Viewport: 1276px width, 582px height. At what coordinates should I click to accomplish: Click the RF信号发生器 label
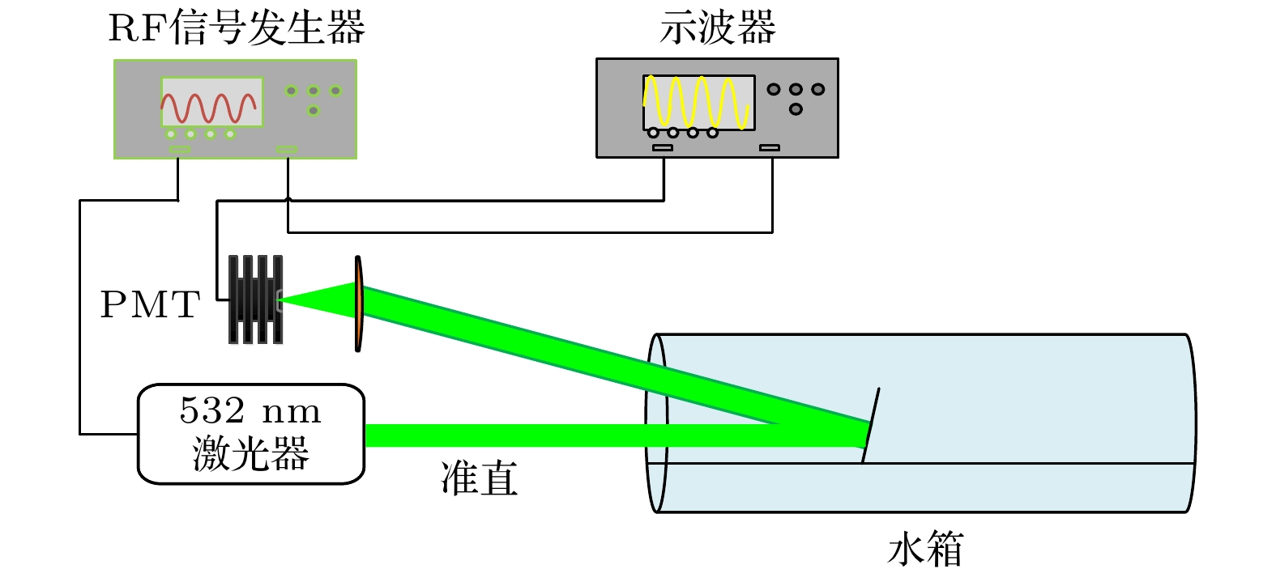(x=237, y=28)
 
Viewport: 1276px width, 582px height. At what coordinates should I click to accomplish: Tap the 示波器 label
(x=718, y=28)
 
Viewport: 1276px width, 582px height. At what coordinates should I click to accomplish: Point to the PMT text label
(x=150, y=305)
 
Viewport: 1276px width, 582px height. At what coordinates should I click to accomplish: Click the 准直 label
(x=479, y=478)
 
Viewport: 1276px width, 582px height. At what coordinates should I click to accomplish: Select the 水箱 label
(x=924, y=550)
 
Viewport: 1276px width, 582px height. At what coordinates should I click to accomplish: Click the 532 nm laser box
(x=251, y=434)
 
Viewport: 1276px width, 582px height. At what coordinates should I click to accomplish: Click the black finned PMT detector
(x=255, y=300)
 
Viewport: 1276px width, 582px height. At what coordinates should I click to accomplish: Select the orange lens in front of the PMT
(x=358, y=304)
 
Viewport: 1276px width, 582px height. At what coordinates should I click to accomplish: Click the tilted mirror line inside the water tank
(x=870, y=426)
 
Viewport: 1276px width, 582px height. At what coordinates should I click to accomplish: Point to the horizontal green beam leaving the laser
(x=502, y=435)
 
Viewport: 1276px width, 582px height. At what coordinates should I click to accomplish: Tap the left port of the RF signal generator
(x=180, y=149)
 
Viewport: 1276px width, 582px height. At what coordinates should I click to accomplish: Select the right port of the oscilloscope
(x=770, y=148)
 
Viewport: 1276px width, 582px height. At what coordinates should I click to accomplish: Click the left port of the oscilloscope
(x=663, y=148)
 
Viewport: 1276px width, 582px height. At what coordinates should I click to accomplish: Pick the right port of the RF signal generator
(x=287, y=149)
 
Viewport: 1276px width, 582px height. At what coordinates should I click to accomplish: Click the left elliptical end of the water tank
(x=656, y=423)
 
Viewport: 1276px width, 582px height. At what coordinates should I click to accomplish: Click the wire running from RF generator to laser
(x=79, y=324)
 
